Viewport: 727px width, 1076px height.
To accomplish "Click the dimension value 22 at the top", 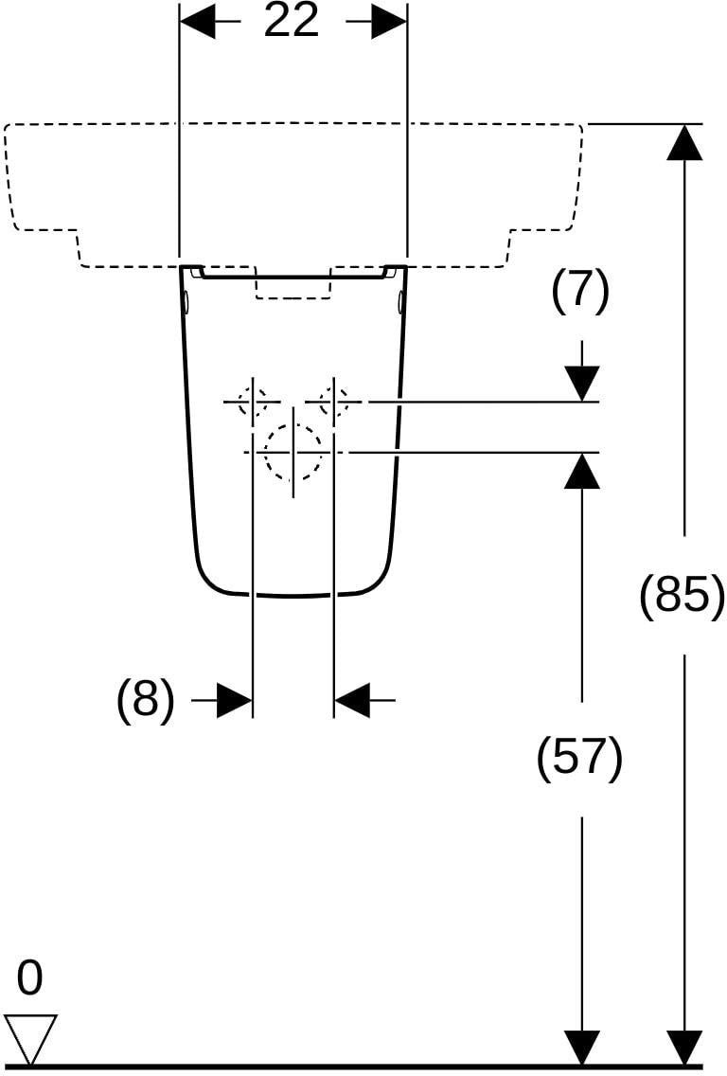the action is point(292,21).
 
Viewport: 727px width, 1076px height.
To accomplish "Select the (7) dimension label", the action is point(580,291).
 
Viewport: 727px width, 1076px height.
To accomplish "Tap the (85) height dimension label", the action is point(681,594).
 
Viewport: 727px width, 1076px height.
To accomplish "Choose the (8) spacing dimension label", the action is point(146,699).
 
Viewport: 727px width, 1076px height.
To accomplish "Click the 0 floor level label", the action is point(29,977).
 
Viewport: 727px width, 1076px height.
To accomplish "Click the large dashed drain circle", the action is point(293,452).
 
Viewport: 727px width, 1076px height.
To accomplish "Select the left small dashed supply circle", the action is point(253,402).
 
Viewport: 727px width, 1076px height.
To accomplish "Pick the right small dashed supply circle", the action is point(334,402).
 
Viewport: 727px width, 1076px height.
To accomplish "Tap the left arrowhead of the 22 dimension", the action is point(197,21).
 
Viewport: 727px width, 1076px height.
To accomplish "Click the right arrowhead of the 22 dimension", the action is point(389,21).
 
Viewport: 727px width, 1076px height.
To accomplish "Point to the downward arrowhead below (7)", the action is point(582,384).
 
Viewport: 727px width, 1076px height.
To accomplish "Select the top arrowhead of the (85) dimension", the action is point(684,142).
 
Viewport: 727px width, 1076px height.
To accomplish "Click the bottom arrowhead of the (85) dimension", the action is point(684,1048).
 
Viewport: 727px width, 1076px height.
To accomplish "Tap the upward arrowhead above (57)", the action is point(582,470).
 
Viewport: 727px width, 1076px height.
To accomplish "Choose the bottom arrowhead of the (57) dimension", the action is point(582,1048).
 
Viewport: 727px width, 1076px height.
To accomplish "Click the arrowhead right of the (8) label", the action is point(235,700).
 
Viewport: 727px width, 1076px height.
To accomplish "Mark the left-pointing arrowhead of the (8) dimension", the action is point(352,700).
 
